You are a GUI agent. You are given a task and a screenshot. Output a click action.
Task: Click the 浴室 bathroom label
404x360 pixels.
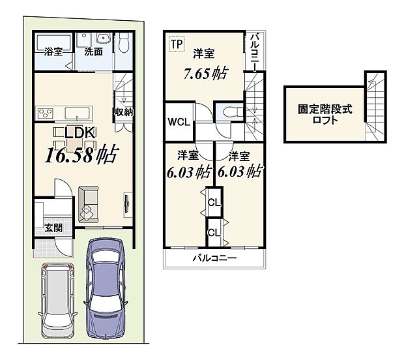tap(53, 52)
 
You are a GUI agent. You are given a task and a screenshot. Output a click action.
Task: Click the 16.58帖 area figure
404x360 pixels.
tap(81, 155)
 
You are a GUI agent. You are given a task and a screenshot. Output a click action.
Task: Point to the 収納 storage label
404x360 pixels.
tap(124, 112)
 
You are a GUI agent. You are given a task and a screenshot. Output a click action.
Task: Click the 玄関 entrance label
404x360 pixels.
tap(53, 228)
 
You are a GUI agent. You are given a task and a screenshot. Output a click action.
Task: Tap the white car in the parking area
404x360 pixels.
tap(56, 297)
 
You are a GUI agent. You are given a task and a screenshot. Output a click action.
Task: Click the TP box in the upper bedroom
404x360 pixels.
tap(177, 44)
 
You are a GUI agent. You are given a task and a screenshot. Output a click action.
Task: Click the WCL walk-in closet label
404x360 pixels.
tap(178, 122)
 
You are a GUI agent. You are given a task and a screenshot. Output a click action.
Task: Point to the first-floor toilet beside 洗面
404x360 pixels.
tap(124, 44)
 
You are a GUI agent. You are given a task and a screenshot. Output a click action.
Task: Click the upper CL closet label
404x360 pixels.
tap(213, 202)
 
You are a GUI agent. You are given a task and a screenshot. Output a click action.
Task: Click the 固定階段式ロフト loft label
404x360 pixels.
tap(325, 115)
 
